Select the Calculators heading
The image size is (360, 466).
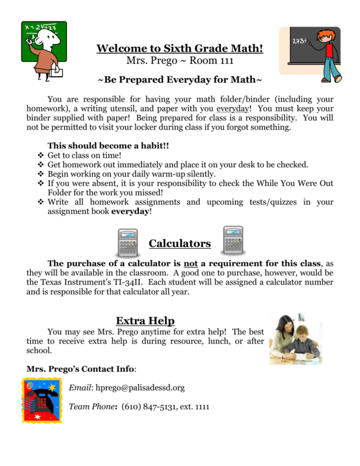(x=180, y=244)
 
